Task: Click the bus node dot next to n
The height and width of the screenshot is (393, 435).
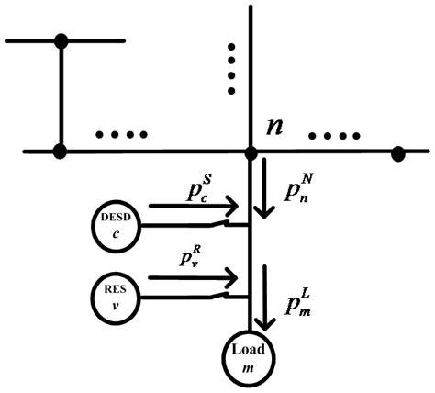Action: point(250,151)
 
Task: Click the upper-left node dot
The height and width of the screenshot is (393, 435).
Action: point(61,40)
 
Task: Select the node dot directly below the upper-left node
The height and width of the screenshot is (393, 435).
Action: point(61,151)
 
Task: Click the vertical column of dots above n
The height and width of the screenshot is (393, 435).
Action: point(232,68)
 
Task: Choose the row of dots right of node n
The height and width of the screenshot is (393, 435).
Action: point(332,138)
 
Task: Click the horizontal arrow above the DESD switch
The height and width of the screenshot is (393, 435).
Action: point(194,207)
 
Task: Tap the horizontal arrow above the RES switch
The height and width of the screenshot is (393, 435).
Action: point(194,276)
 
